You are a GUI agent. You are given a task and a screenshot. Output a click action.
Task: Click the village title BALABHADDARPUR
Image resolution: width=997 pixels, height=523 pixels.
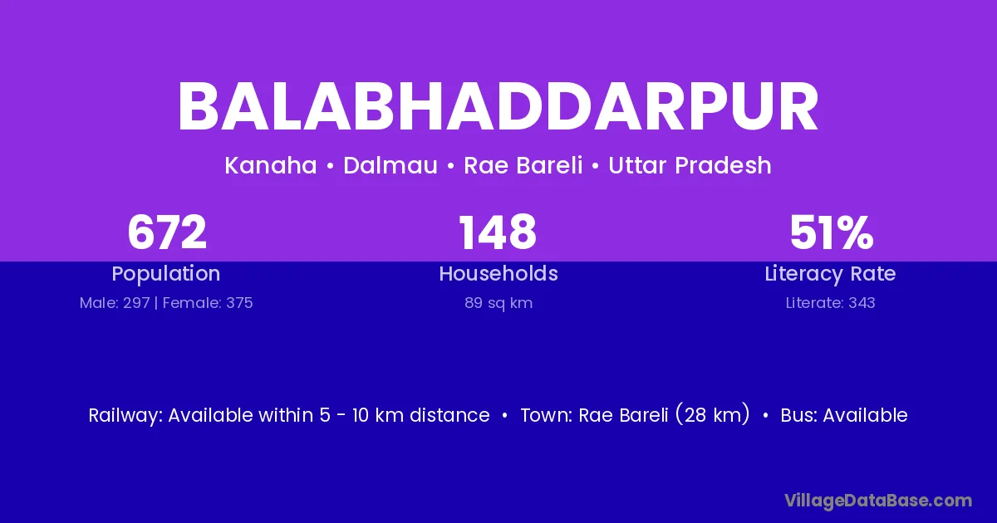498,107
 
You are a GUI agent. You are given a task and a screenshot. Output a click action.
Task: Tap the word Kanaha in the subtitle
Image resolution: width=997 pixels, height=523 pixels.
271,165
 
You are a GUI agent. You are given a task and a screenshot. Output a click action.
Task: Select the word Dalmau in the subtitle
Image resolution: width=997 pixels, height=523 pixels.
390,165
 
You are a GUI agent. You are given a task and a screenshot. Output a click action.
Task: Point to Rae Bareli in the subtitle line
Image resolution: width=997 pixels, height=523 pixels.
523,165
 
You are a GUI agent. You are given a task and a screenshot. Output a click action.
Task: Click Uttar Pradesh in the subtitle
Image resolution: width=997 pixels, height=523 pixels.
690,165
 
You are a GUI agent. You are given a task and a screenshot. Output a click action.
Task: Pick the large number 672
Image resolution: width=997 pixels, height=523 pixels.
167,232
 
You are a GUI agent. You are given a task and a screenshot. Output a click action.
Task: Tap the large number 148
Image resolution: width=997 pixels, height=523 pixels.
498,232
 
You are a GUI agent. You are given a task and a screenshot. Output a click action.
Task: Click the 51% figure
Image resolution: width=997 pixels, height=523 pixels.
832,232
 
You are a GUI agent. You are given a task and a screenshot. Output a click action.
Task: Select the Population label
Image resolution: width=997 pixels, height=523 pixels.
166,274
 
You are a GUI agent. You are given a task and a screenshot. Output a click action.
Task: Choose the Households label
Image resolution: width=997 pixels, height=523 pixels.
498,273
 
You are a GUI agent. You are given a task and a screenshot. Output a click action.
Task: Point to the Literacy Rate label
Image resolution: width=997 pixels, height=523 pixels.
830,274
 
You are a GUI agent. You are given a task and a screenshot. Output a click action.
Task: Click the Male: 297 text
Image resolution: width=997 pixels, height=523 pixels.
115,303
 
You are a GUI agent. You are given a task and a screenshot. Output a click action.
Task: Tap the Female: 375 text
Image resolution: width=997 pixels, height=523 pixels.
208,303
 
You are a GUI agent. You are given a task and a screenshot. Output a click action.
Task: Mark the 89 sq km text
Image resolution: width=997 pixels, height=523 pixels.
498,303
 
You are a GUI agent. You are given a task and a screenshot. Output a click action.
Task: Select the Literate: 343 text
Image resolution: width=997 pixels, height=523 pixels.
831,303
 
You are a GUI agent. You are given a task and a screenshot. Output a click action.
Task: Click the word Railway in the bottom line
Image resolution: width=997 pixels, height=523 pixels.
126,415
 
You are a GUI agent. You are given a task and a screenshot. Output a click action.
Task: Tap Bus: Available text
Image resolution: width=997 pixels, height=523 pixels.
844,415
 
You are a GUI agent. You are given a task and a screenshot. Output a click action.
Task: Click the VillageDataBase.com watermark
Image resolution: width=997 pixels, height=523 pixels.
878,501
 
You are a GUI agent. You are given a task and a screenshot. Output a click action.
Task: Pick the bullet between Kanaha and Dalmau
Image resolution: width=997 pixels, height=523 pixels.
330,166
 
